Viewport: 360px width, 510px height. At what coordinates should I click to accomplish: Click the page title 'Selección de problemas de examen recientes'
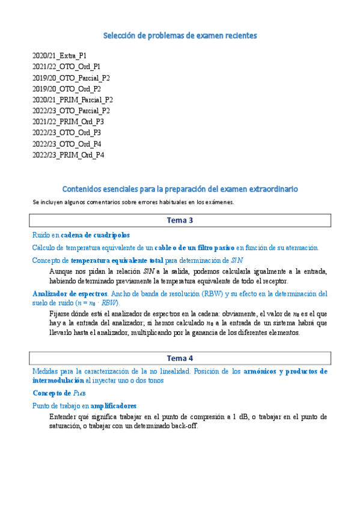point(180,36)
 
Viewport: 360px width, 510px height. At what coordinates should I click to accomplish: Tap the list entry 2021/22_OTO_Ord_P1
point(67,66)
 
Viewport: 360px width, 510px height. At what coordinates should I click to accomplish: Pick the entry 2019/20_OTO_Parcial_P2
point(71,78)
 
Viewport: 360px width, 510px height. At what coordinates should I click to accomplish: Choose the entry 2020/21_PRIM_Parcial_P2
point(73,100)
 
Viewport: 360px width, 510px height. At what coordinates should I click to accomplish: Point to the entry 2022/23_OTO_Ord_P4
point(67,144)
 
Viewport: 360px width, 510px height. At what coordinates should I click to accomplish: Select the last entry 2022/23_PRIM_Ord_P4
point(69,155)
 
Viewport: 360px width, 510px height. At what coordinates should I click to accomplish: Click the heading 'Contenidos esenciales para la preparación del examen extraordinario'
point(180,189)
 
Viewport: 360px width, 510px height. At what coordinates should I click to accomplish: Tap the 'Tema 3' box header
point(180,220)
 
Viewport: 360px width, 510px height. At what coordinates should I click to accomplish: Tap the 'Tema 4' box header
point(180,358)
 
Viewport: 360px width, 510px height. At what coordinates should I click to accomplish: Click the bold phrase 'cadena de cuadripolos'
point(95,235)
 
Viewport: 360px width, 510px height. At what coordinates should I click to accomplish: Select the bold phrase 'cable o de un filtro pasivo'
point(194,247)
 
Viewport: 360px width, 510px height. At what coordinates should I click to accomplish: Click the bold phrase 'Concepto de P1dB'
point(59,393)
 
